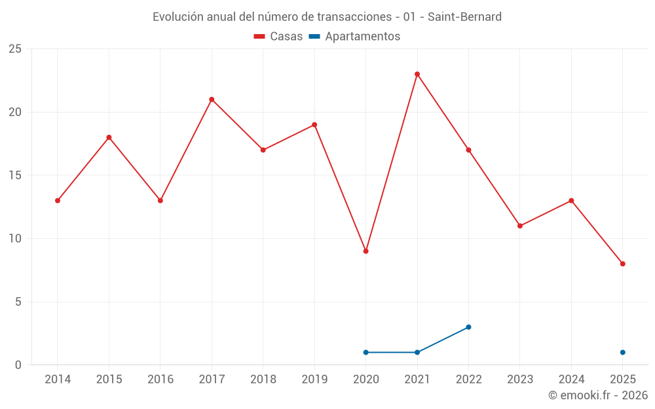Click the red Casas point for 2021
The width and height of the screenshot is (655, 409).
[x=417, y=74]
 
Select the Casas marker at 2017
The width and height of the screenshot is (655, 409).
[x=212, y=99]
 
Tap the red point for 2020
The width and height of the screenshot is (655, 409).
[x=365, y=251]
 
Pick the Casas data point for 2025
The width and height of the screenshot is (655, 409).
[x=623, y=264]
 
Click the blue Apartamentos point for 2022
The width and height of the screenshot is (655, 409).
[x=468, y=327]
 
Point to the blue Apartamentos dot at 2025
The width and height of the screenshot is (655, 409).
[x=623, y=353]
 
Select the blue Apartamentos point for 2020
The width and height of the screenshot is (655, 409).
[x=365, y=353]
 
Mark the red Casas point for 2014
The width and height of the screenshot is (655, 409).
[x=58, y=201]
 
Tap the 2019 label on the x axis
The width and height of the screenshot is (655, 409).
[x=314, y=379]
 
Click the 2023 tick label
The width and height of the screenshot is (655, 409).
[x=520, y=379]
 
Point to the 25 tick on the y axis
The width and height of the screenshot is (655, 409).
[x=15, y=49]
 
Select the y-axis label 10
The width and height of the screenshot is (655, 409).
[x=15, y=239]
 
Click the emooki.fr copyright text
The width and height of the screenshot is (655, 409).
[x=597, y=395]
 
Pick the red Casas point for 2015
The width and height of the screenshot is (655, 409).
[x=109, y=137]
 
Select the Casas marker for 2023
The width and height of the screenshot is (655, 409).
[x=520, y=226]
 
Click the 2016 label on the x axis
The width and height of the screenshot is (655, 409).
[x=160, y=379]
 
